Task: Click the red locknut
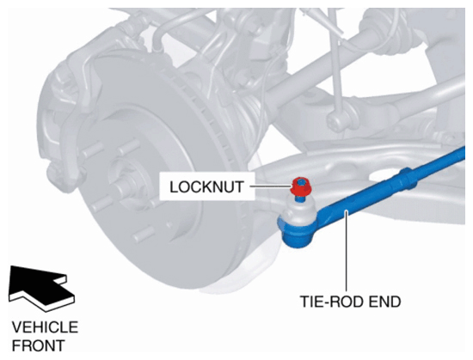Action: coord(301,186)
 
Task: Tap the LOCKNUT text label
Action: coord(206,187)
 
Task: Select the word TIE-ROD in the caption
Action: coord(332,302)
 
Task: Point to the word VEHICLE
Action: coord(45,327)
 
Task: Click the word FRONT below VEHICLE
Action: coord(39,345)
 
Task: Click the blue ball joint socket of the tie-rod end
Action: coord(298,232)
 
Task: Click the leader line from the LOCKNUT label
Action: coord(270,186)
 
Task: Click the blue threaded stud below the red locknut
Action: coord(299,198)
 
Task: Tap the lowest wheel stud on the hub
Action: coord(144,234)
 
